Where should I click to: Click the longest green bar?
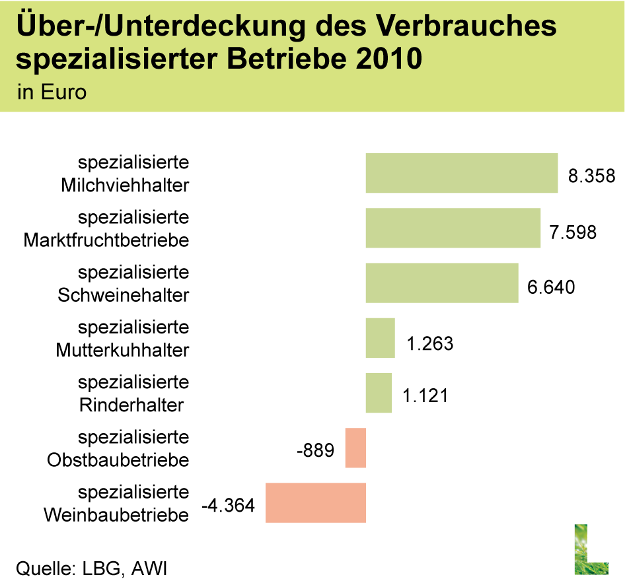461,173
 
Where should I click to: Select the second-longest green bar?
453,228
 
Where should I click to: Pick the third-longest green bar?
441,283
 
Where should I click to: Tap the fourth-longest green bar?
380,337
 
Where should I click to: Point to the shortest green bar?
379,393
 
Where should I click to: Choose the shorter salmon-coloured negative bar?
355,448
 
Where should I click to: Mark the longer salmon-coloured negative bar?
315,502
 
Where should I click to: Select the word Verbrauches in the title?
466,28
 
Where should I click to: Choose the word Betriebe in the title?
287,59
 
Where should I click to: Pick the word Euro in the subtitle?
63,92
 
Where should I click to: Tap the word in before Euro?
26,92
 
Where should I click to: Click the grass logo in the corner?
591,549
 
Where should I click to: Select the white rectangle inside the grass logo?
598,542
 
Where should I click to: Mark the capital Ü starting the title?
26,26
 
